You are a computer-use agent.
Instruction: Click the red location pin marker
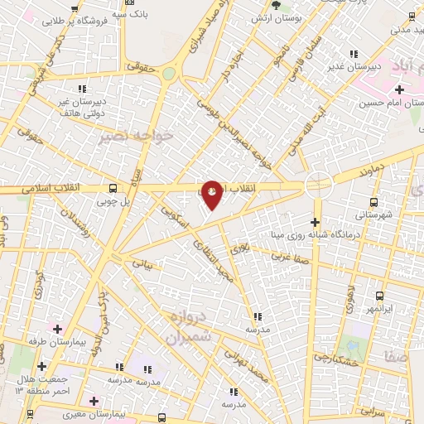pos(212,195)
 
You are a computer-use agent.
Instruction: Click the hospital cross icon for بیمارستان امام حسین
pos(398,89)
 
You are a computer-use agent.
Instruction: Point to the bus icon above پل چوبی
pos(113,188)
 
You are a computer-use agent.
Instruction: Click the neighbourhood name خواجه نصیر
pos(137,135)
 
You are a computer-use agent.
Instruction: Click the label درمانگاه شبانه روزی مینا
pos(313,234)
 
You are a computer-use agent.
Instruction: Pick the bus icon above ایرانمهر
pos(379,296)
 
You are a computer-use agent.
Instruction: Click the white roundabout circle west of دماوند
pos(315,185)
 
